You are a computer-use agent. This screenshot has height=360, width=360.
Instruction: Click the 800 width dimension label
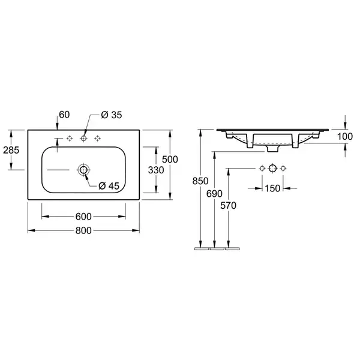(x=83, y=230)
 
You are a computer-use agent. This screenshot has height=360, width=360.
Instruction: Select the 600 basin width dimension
(x=83, y=217)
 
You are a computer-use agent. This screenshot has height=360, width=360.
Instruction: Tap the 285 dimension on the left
(x=11, y=150)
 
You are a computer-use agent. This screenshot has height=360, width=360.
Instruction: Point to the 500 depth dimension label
(x=170, y=160)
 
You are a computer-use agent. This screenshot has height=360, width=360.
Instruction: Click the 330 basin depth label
(x=156, y=170)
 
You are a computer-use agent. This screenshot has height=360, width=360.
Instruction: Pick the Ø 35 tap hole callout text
(x=112, y=115)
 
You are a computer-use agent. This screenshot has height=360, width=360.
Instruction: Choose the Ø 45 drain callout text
(x=109, y=186)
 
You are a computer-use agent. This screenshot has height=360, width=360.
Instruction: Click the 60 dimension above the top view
(x=64, y=115)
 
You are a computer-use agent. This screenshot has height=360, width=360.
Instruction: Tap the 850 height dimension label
(x=200, y=181)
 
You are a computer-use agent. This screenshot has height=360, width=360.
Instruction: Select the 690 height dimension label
(x=214, y=194)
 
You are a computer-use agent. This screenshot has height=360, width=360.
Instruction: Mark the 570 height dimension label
(x=228, y=205)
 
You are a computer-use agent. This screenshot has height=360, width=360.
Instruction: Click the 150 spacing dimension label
(x=272, y=188)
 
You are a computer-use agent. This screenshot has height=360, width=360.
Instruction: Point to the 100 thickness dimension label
(x=345, y=137)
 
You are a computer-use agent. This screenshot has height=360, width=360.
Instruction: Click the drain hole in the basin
(x=83, y=170)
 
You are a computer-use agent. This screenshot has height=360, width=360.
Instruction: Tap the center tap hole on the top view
(x=83, y=138)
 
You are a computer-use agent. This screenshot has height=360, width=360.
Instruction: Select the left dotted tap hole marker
(x=70, y=138)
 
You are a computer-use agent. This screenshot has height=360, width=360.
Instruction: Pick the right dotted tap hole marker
(x=98, y=138)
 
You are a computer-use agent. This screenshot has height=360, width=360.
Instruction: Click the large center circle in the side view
(x=272, y=168)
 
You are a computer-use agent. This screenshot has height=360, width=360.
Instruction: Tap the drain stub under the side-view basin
(x=272, y=148)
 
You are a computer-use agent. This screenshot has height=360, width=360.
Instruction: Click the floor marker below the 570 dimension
(x=232, y=248)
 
